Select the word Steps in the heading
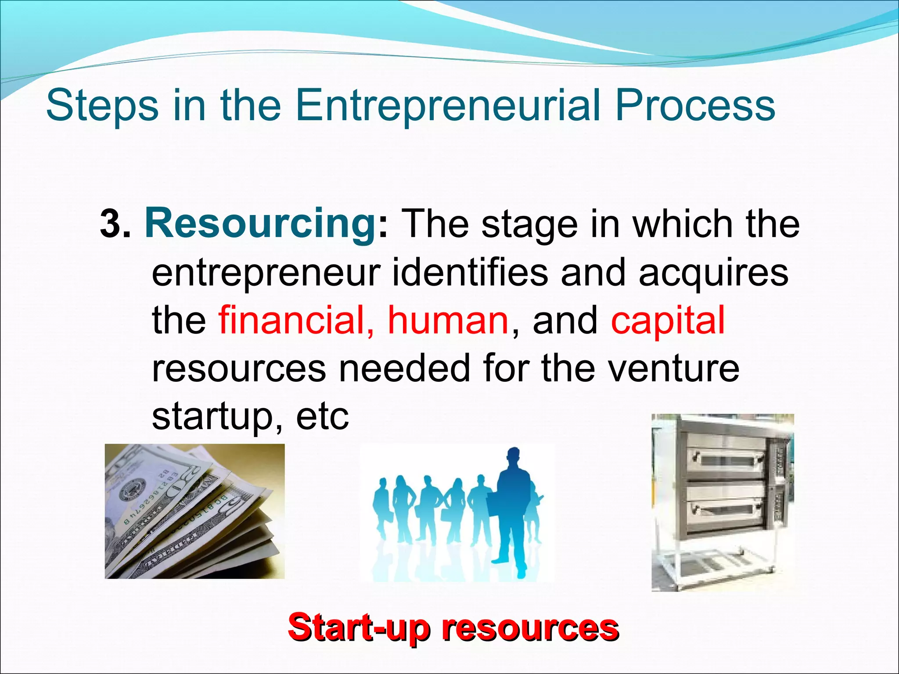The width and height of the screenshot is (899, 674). [102, 106]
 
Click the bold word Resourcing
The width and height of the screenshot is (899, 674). [259, 225]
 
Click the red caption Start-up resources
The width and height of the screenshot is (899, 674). [453, 628]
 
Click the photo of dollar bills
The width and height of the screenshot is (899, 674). [194, 511]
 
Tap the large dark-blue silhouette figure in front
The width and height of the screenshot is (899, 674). [511, 509]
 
